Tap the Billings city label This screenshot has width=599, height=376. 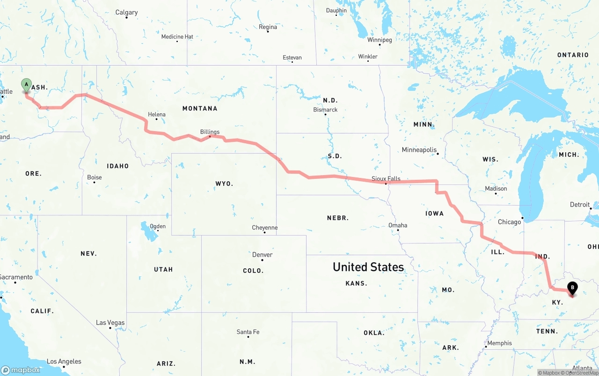210,132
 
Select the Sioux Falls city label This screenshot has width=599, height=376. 386,179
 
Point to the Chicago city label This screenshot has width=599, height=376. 509,222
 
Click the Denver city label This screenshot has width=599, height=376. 262,255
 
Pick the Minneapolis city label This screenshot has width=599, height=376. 419,150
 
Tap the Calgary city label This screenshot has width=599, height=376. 126,12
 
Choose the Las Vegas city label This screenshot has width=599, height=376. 110,323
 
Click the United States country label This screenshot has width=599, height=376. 368,267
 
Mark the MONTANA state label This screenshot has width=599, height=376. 200,108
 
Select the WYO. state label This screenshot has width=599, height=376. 224,184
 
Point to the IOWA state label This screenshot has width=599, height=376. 434,214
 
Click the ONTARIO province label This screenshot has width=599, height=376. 573,55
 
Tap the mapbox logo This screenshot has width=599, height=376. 21,370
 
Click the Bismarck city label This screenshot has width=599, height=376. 325,110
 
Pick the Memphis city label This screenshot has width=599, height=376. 499,343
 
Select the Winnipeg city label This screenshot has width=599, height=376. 380,40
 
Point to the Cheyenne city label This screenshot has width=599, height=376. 265,228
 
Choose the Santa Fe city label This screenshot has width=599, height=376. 248,332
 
